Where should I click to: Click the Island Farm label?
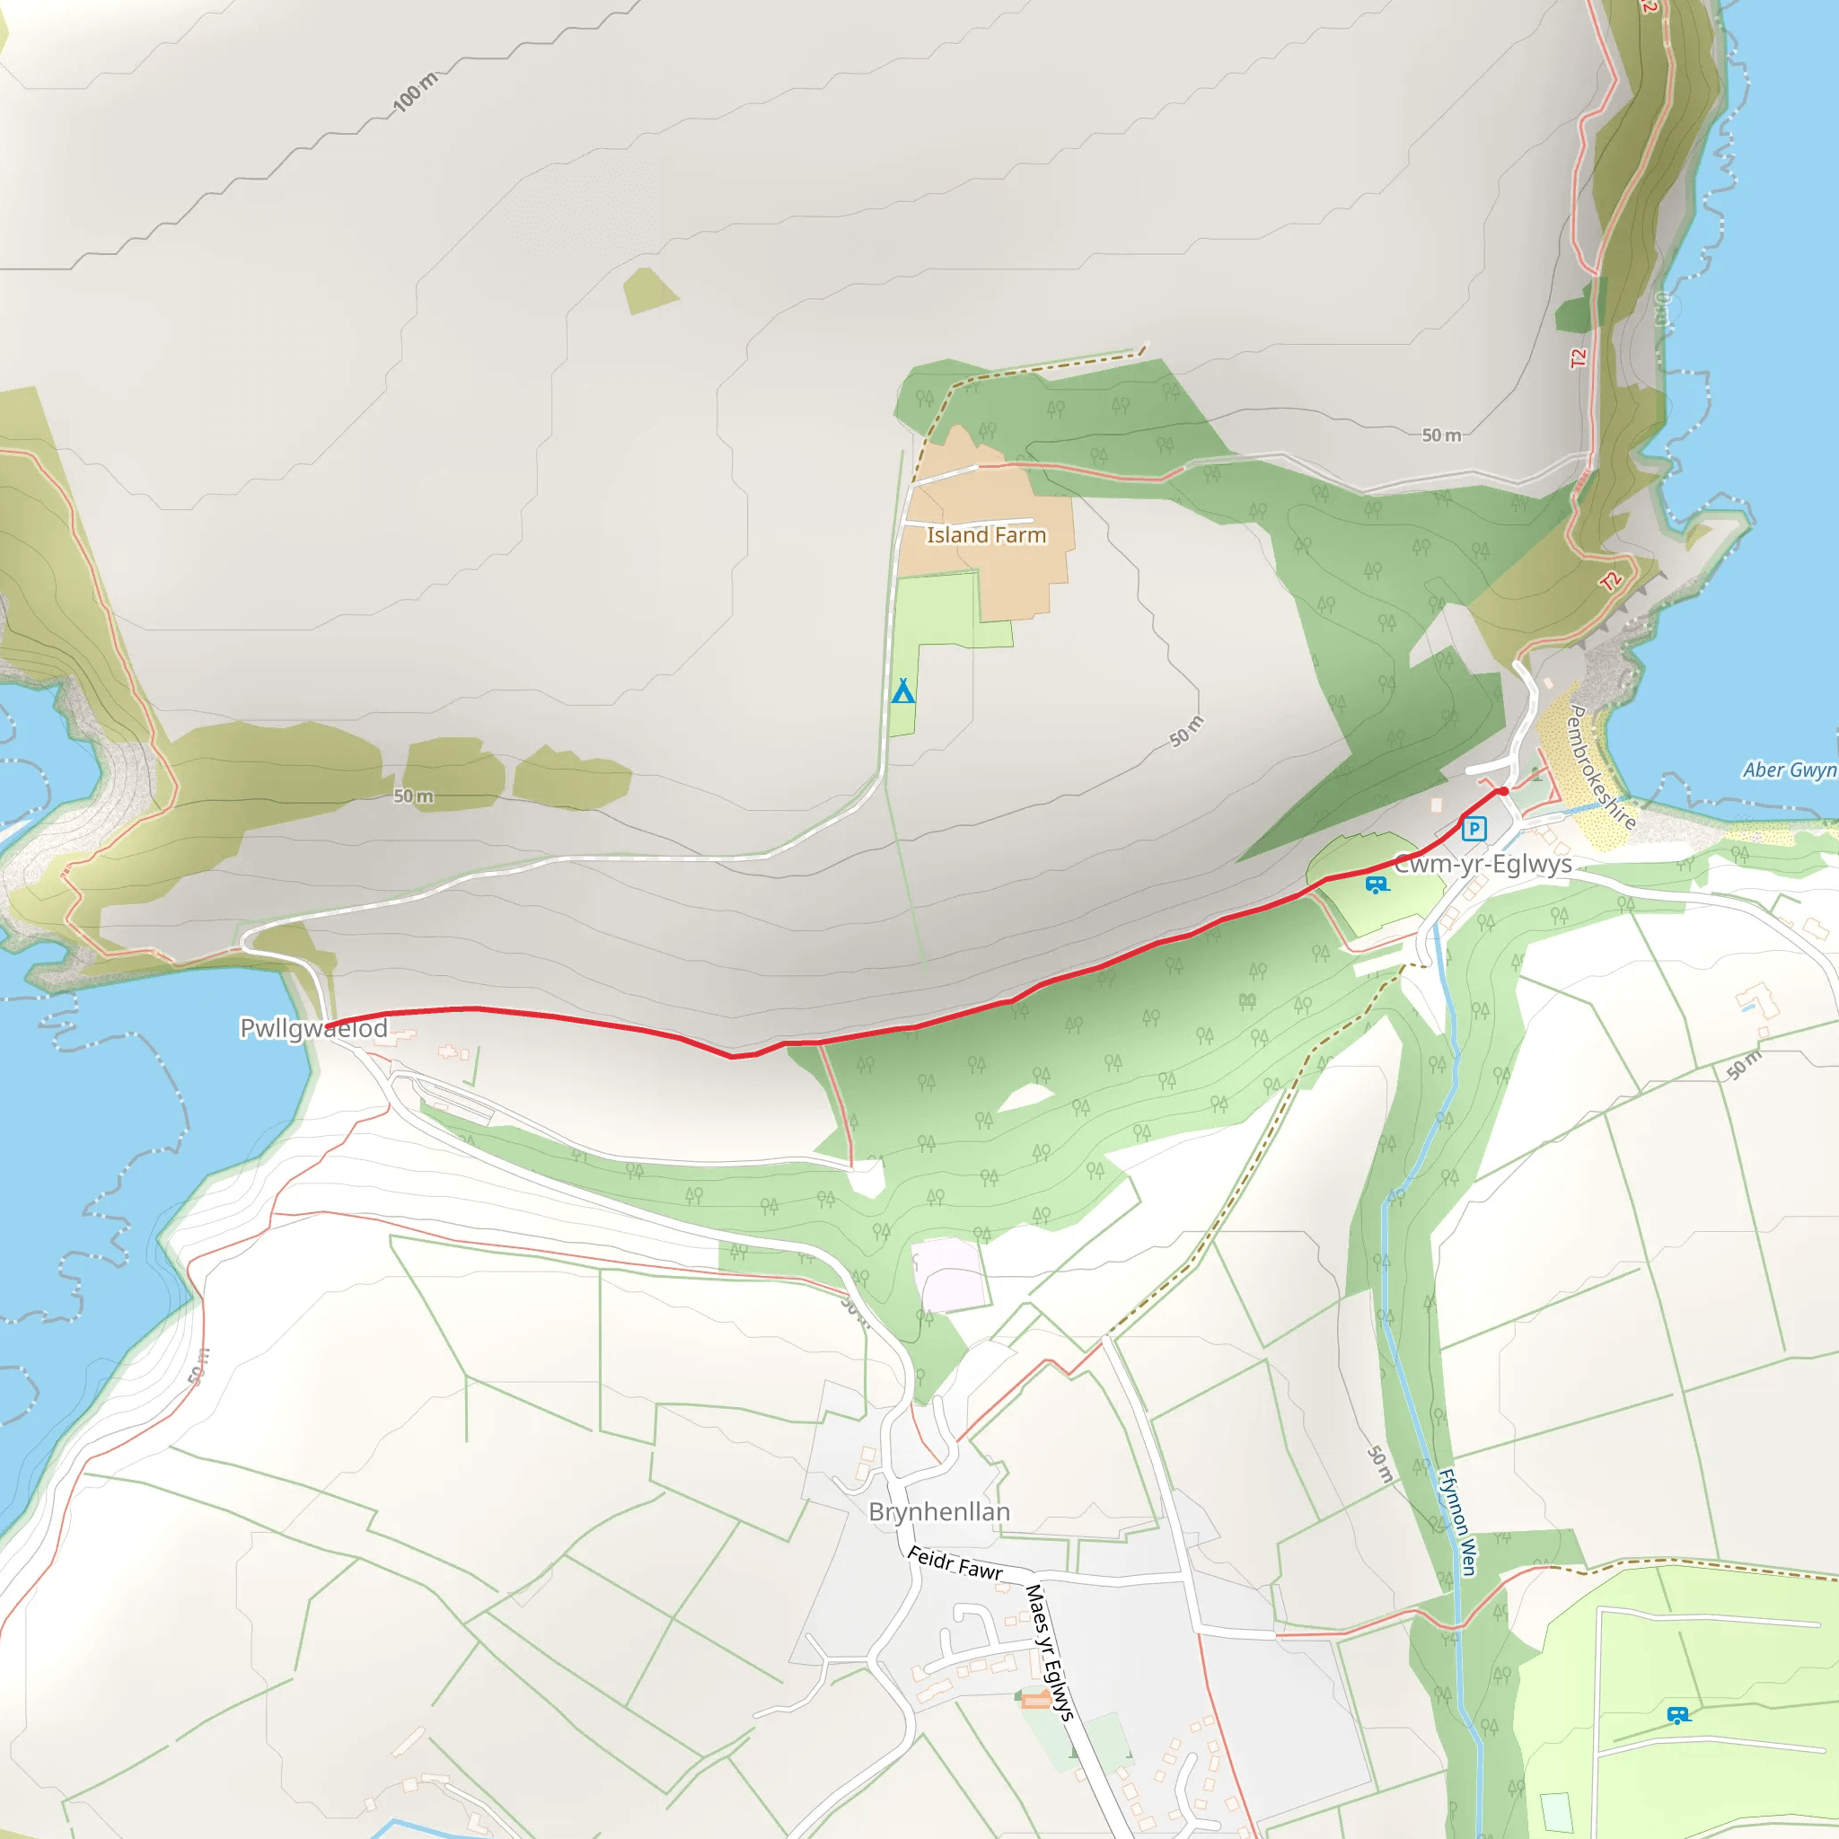986,535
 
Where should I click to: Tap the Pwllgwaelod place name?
313,1028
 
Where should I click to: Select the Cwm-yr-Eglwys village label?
1482,865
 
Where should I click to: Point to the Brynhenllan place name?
938,1511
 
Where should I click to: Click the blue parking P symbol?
1474,828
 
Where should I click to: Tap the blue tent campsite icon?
902,691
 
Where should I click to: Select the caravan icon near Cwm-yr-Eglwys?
1377,885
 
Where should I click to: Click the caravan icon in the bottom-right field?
1678,1715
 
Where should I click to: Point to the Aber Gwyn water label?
1789,770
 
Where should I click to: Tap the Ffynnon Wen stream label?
1456,1523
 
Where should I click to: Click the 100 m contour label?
415,92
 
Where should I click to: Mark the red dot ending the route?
1503,791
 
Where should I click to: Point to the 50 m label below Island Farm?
1186,731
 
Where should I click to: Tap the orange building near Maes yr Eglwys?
1034,1700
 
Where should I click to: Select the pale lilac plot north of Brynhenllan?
948,1273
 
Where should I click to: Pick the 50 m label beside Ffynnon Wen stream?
1379,1464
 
